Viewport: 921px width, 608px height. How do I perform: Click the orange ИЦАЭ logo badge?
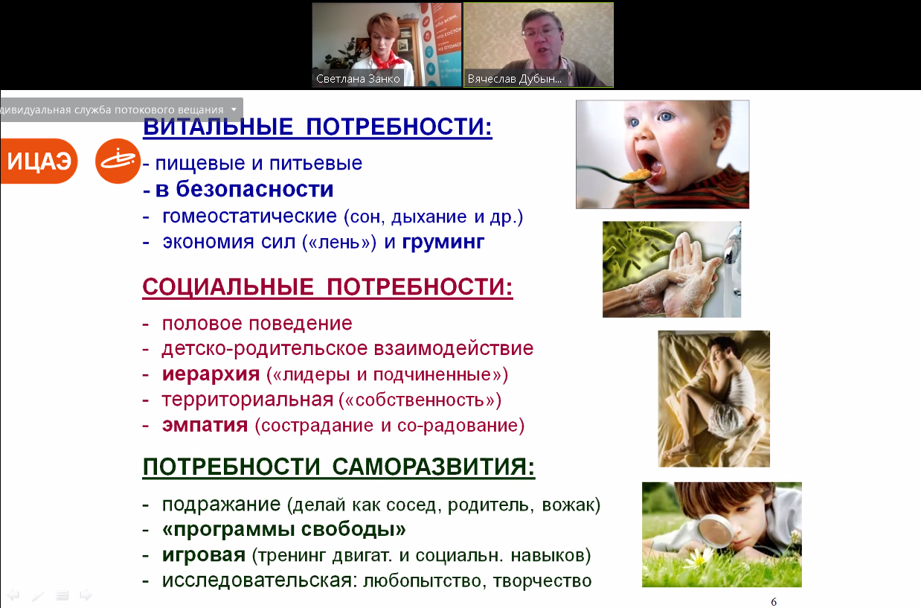pos(39,161)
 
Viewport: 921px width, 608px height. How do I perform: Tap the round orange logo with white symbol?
pos(118,161)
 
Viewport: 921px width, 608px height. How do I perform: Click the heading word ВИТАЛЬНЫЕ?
pos(218,126)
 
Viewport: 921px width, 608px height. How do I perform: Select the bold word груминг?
pos(443,243)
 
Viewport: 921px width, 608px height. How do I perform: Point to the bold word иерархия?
pos(211,374)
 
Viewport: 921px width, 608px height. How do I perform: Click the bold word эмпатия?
pos(205,425)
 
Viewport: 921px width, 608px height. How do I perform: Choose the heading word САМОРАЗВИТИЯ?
pos(434,467)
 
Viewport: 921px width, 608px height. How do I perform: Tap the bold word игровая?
pos(204,555)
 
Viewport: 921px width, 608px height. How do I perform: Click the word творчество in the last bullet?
pos(542,580)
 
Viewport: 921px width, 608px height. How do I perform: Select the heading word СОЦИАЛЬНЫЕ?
pos(228,287)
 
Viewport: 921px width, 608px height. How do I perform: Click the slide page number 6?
pos(774,602)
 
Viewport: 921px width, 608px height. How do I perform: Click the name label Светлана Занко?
pos(358,79)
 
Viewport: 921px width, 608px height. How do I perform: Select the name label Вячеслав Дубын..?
pos(514,79)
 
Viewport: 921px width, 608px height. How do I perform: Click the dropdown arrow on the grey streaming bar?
pos(234,109)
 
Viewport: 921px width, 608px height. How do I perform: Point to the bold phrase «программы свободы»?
pos(283,529)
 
